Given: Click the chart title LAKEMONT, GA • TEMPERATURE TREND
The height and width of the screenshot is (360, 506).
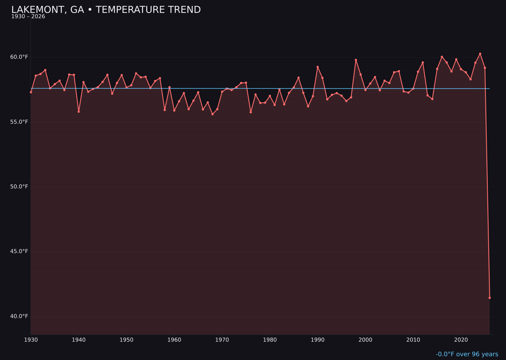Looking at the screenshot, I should click(x=106, y=10).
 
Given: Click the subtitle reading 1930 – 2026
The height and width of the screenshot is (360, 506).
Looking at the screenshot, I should click(x=28, y=17).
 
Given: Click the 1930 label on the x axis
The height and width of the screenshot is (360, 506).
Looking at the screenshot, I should click(x=31, y=340).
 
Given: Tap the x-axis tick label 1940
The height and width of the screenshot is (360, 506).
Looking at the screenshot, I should click(x=79, y=340).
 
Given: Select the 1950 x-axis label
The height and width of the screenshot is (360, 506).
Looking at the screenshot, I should click(x=126, y=340).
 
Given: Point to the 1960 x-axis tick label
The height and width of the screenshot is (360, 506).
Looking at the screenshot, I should click(x=174, y=340).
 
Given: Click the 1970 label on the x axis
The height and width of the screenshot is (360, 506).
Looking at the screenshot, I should click(x=222, y=340).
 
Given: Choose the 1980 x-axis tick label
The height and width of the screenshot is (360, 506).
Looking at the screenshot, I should click(x=270, y=340).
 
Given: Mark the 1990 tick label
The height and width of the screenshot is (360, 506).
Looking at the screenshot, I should click(x=318, y=340).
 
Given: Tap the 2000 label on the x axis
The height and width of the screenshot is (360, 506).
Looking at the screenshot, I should click(x=365, y=340).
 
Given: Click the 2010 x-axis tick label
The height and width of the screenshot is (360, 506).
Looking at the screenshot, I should click(x=413, y=340).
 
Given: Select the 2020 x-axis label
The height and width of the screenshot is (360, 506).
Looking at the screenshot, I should click(x=461, y=340).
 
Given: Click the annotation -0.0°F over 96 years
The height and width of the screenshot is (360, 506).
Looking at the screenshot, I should click(x=467, y=354).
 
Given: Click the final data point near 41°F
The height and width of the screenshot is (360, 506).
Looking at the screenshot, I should click(x=490, y=298).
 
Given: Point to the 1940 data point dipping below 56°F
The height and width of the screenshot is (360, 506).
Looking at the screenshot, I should click(x=79, y=112).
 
